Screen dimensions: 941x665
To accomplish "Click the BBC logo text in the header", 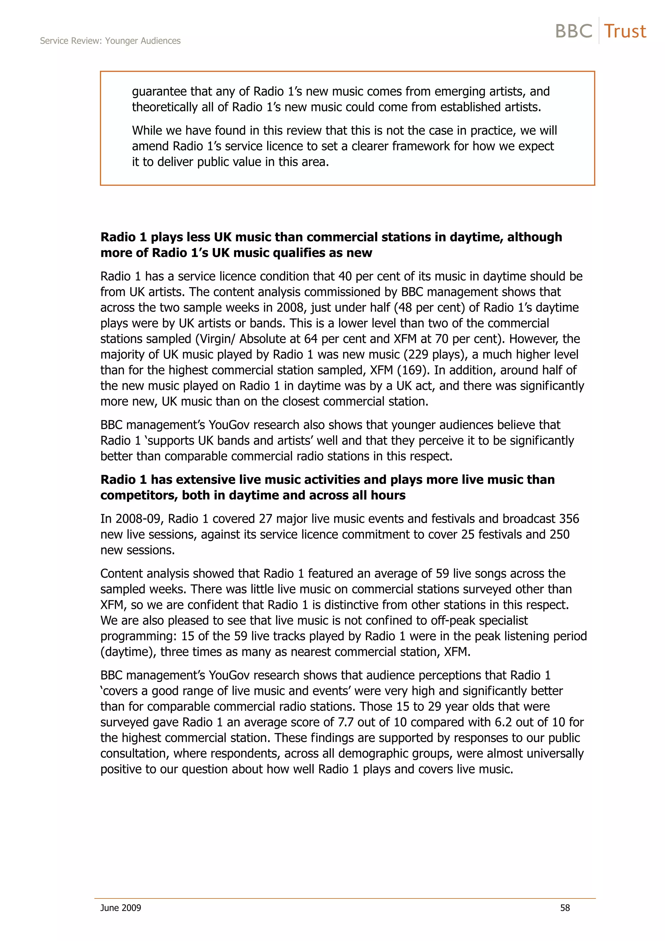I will [x=574, y=31].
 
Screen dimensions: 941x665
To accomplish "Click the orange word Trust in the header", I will [x=625, y=31].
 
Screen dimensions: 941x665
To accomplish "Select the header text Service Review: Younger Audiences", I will [x=110, y=41].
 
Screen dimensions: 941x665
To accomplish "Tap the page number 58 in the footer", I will [x=565, y=908].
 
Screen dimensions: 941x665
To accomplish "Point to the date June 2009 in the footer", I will [x=120, y=908].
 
